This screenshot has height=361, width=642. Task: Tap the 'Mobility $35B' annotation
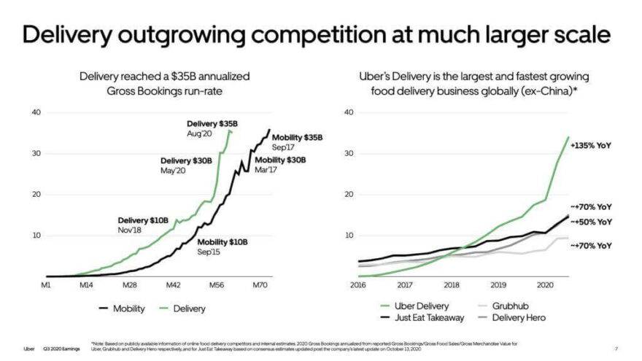[x=297, y=137]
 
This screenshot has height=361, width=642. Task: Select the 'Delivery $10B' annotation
[x=143, y=220]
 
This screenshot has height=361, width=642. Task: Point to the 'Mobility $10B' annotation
[x=223, y=241]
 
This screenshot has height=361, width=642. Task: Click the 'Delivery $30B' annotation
[x=185, y=160]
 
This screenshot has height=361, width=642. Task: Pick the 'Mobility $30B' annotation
[x=281, y=160]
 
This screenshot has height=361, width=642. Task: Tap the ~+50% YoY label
[x=590, y=222]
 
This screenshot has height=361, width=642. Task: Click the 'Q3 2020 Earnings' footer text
[x=58, y=348]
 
